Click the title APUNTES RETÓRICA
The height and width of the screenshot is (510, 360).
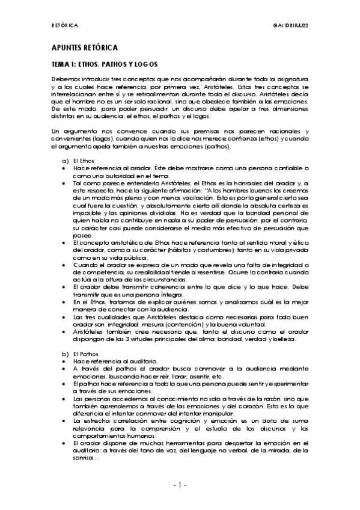tap(84, 47)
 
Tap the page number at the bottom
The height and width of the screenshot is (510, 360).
tap(180, 484)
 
